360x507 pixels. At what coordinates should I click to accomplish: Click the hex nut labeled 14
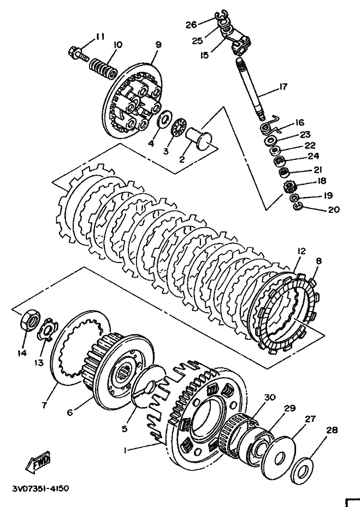(30, 319)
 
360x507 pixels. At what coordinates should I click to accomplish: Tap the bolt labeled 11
(78, 54)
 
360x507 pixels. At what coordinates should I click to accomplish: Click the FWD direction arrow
(38, 463)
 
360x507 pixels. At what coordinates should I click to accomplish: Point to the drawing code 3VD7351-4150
(40, 487)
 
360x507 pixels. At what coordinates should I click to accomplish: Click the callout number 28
(332, 430)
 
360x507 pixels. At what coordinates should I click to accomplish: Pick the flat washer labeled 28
(302, 468)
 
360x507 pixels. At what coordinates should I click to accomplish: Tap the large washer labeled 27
(279, 454)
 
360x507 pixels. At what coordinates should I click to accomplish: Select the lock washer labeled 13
(46, 329)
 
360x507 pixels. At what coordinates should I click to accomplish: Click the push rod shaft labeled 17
(251, 88)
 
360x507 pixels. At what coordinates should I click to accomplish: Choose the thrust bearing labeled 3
(178, 129)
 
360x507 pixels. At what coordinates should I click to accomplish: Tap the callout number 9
(158, 45)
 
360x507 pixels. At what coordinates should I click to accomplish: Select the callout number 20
(333, 210)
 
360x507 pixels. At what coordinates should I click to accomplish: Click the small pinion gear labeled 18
(290, 187)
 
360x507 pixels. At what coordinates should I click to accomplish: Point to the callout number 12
(301, 251)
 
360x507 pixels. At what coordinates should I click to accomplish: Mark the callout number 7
(44, 404)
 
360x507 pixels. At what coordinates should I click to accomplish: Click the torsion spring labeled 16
(270, 126)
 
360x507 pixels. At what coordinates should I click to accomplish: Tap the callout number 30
(270, 397)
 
